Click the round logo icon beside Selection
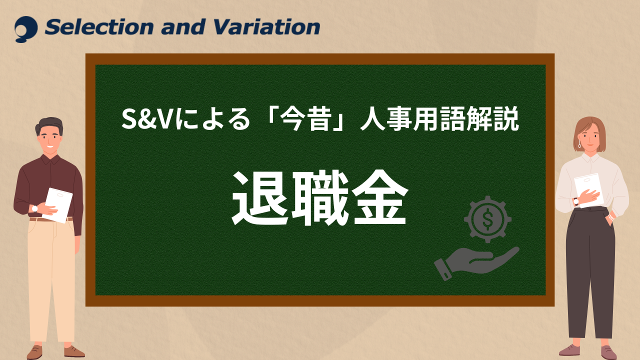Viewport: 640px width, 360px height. pos(26,29)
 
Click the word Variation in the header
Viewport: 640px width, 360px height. pos(266,27)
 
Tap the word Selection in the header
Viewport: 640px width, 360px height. pos(99,27)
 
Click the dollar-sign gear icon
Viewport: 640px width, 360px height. pos(487,219)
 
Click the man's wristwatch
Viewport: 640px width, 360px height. pos(35,208)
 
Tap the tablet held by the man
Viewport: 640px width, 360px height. pos(58,205)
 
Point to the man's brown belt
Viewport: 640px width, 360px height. pos(51,219)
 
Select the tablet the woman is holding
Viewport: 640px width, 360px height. pos(588,189)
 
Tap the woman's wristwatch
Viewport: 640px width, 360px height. pos(576,201)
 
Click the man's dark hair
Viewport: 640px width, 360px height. pos(49,125)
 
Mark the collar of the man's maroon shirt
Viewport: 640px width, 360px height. pos(50,159)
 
